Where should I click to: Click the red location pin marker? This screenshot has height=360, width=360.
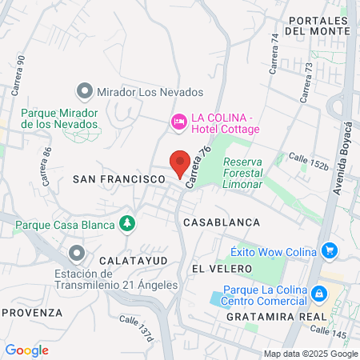(x=180, y=162)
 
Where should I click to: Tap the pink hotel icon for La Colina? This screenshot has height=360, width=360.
(x=179, y=122)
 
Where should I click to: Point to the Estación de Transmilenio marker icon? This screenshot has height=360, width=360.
(x=77, y=254)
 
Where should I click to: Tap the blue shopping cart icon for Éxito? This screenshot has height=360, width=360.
(x=330, y=251)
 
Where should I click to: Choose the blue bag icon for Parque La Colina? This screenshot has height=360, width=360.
(x=319, y=294)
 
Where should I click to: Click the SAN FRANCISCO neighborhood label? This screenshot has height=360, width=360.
(x=118, y=180)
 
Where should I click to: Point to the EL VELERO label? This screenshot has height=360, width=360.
(x=222, y=268)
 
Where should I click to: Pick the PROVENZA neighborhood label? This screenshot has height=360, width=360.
(x=32, y=312)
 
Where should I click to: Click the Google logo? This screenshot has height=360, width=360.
(x=27, y=350)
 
